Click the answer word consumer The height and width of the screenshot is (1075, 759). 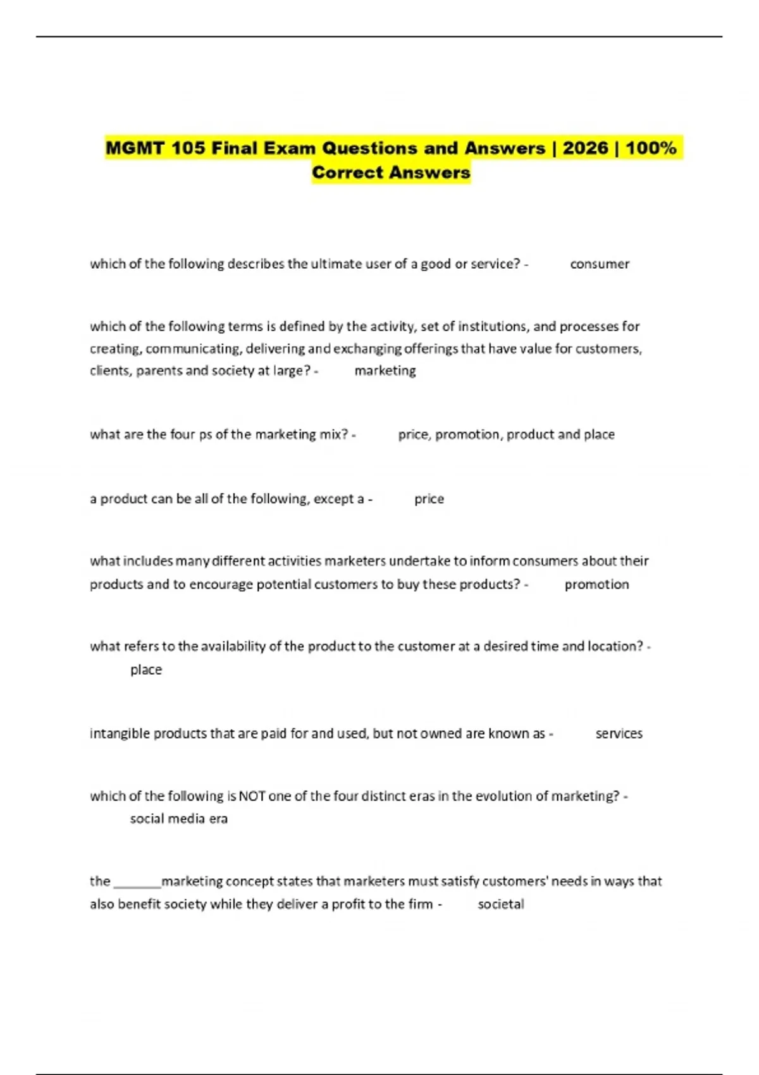click(600, 264)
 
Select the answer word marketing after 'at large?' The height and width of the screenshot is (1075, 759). click(385, 371)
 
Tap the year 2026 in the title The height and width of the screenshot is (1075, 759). click(585, 149)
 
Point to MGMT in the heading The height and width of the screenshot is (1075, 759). click(135, 149)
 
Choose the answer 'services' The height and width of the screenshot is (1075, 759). click(619, 734)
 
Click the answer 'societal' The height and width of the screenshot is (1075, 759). click(501, 904)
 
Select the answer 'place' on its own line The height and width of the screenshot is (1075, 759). click(146, 670)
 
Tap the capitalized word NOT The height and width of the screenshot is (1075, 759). click(252, 796)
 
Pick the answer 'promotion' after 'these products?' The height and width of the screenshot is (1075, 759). click(596, 584)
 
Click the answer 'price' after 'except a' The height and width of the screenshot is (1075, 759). click(429, 499)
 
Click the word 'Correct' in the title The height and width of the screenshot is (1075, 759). click(347, 173)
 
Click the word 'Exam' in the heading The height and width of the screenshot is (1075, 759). click(290, 149)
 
